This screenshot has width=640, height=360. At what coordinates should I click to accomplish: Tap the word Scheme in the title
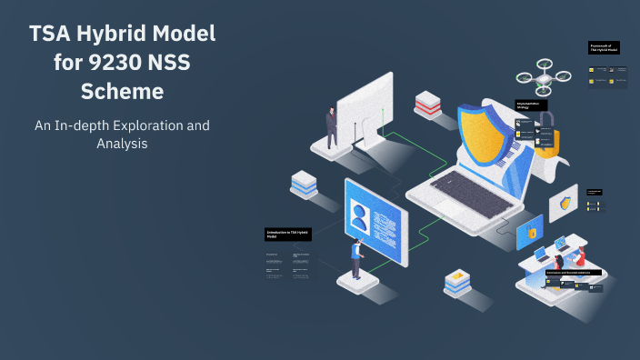[123, 92]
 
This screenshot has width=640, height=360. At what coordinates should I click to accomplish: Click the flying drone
[545, 78]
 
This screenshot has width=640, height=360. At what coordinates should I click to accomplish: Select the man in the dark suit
[332, 126]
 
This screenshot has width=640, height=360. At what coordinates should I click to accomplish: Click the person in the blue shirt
[358, 259]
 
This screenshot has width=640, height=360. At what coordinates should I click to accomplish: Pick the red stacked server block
[428, 104]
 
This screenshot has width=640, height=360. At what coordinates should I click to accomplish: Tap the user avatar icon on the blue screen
[362, 217]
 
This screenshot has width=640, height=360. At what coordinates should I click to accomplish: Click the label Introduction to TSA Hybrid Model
[286, 235]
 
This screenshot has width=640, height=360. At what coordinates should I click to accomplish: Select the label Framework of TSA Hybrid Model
[604, 47]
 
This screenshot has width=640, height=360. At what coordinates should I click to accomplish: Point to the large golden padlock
[545, 142]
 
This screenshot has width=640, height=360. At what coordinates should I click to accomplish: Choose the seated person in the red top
[579, 255]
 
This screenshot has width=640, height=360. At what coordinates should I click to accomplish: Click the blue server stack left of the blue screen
[305, 185]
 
